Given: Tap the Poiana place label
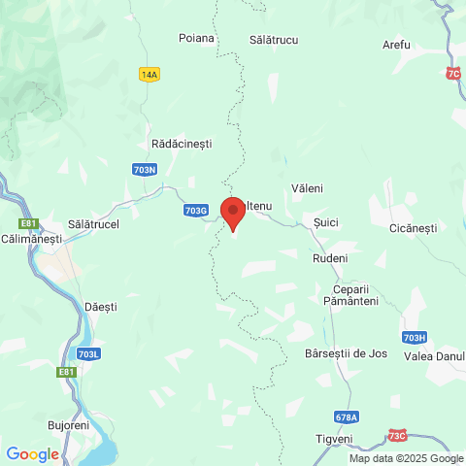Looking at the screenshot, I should tap(196, 38).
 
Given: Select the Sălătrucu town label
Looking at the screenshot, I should tap(274, 38).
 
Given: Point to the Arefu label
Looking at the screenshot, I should tap(396, 46).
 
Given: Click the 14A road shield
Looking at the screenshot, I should tap(149, 75).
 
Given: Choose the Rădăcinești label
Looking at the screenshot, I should tap(182, 144).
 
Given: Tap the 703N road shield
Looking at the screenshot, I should tap(142, 170).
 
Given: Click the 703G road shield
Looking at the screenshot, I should tap(195, 210).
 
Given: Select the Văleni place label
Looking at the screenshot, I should tap(307, 187).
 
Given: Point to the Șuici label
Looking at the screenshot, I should tap(326, 222).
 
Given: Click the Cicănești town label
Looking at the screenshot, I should tap(413, 228).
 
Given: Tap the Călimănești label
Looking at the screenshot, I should tap(32, 238).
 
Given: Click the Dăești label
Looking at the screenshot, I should tap(101, 306).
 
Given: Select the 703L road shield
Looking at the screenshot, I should tap(87, 353).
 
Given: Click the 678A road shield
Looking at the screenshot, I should tap(346, 416).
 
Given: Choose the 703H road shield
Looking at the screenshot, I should tap(414, 337).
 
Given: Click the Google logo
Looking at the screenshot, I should tap(32, 453).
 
